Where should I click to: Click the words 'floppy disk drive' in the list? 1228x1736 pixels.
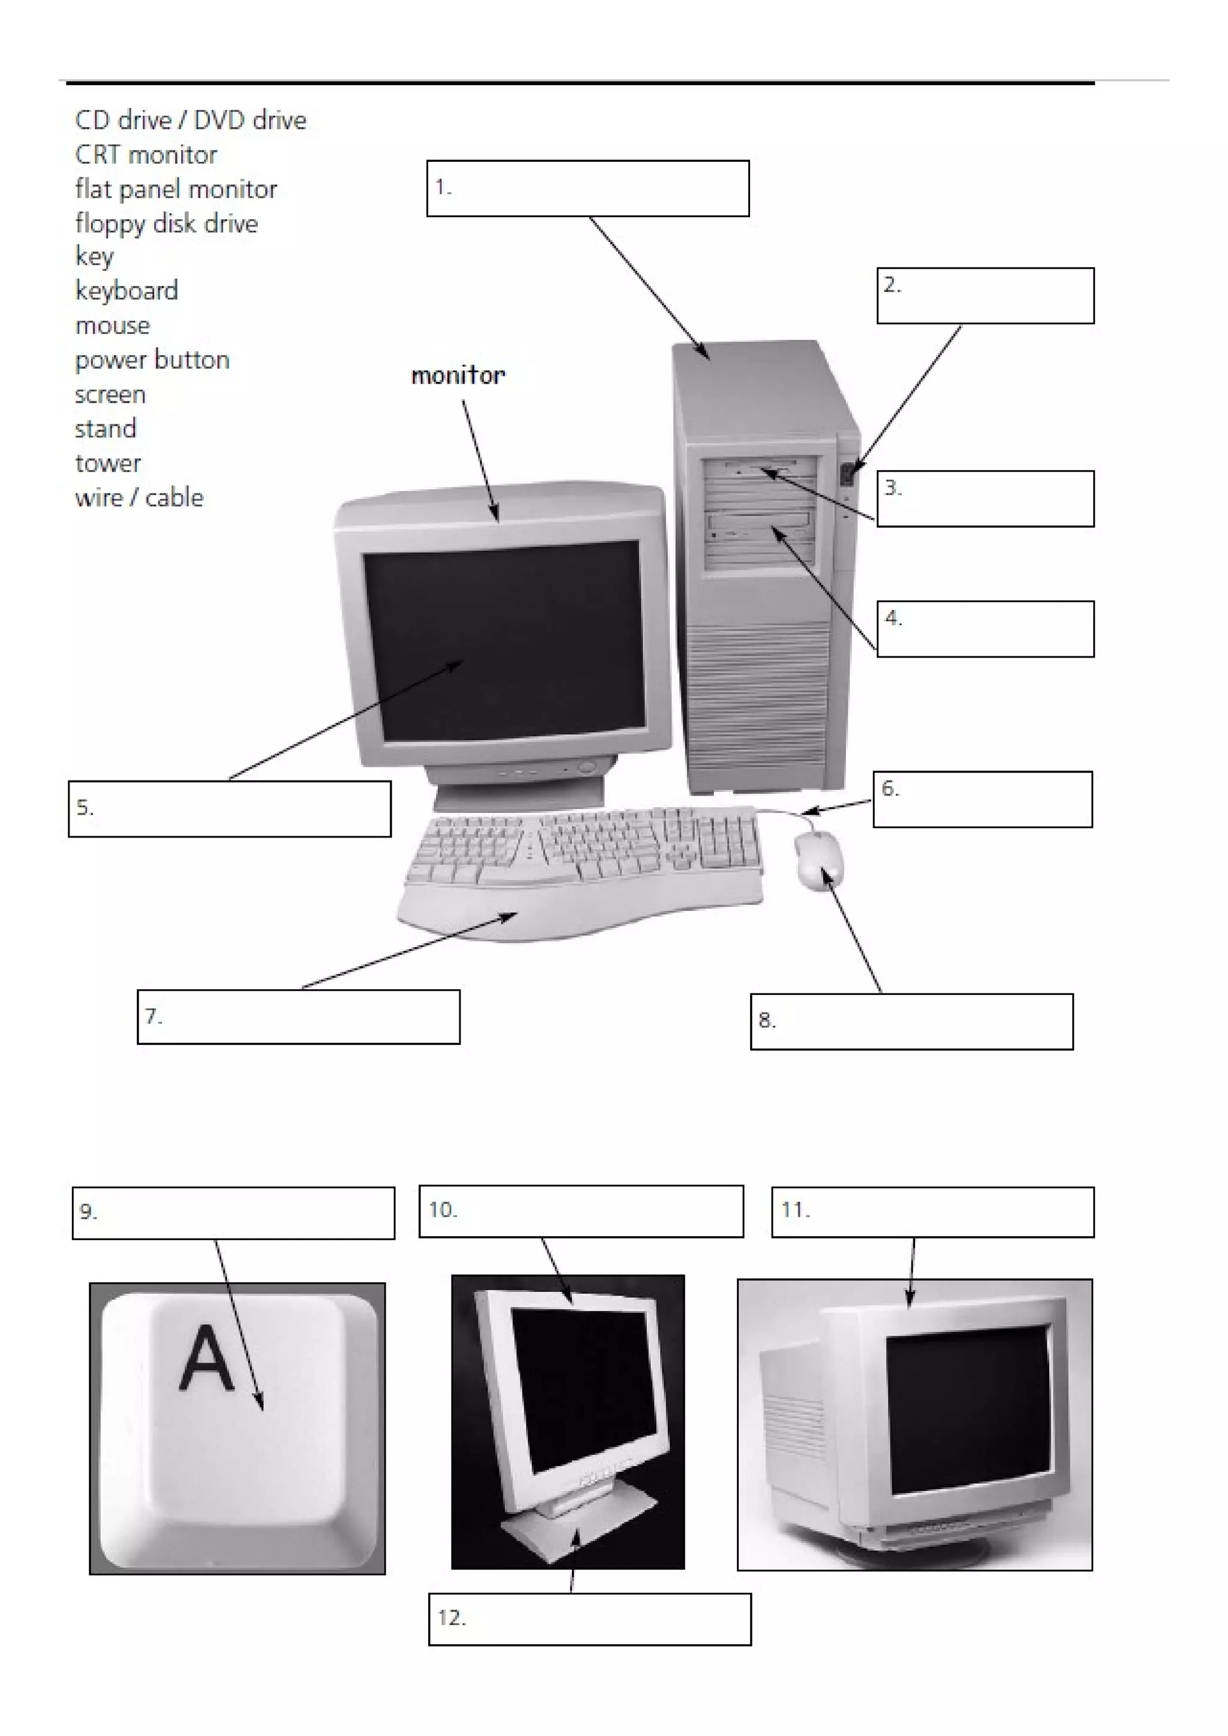point(166,224)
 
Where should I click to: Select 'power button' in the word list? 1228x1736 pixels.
point(152,360)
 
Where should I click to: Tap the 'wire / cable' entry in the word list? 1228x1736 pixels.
point(139,498)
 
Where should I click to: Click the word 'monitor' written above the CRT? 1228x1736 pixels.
point(458,375)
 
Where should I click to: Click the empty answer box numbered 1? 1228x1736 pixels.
point(588,188)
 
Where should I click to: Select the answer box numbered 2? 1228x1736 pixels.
point(985,296)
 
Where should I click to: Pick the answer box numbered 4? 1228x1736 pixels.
point(985,629)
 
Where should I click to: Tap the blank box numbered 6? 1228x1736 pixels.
point(983,799)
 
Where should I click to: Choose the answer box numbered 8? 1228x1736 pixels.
point(911,1021)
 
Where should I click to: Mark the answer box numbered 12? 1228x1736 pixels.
point(590,1619)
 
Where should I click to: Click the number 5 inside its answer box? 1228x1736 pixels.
point(84,807)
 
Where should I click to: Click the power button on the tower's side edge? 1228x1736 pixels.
point(848,474)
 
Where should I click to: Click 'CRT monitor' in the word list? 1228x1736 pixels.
point(146,155)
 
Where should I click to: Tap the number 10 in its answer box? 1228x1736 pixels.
point(443,1210)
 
